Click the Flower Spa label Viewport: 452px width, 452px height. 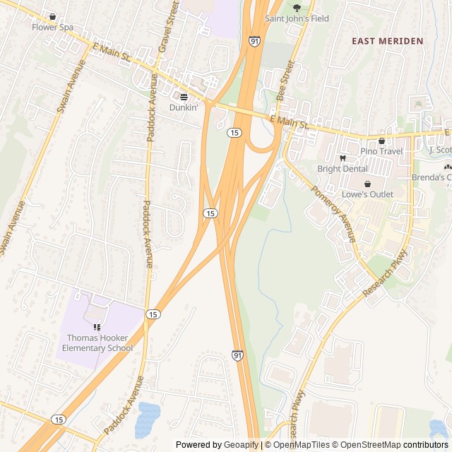[x=52, y=27]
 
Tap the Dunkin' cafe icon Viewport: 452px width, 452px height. [x=184, y=97]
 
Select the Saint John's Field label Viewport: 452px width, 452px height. [x=297, y=19]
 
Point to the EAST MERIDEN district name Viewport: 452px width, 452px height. [x=388, y=41]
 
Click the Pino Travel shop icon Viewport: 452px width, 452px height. [x=381, y=141]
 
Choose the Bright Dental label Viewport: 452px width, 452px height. [x=343, y=169]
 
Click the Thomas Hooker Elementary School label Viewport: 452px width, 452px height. [x=97, y=343]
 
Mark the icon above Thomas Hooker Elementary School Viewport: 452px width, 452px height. [x=97, y=327]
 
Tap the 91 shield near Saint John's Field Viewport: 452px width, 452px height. [x=254, y=42]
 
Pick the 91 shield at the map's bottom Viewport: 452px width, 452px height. [x=238, y=356]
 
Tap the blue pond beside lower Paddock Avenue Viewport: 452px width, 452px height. [x=148, y=418]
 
